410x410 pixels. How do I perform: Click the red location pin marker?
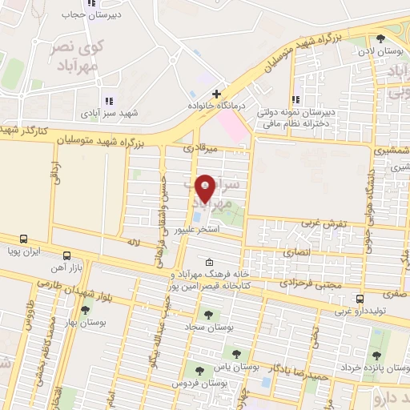click(x=206, y=188)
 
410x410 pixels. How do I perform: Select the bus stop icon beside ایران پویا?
click(x=25, y=239)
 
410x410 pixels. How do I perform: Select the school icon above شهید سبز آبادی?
click(x=109, y=101)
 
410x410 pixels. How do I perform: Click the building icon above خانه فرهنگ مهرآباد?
click(x=210, y=263)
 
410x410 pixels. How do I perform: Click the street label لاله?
click(x=133, y=241)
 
